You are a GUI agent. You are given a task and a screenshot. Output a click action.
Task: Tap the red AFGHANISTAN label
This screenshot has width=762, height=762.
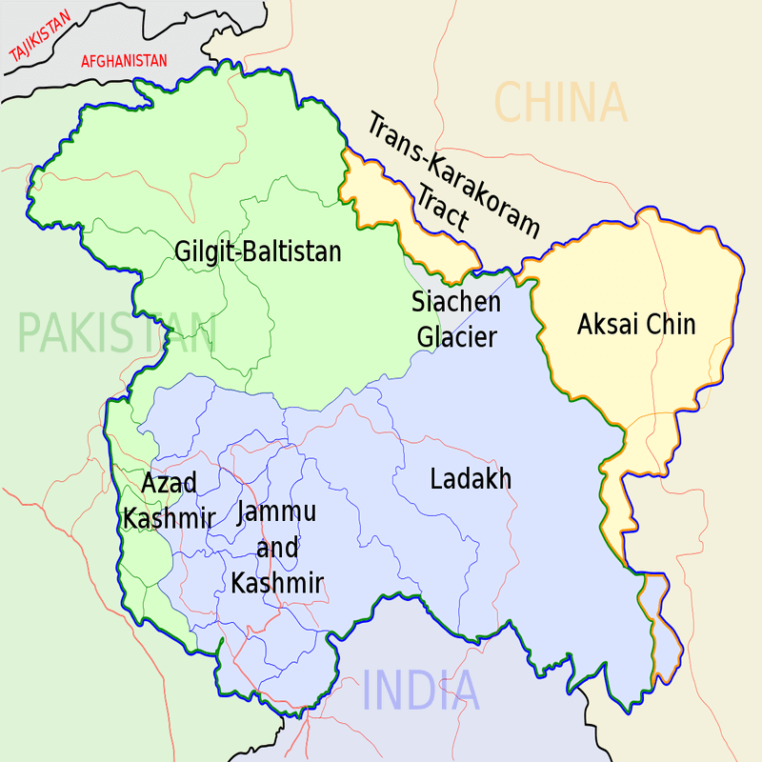tap(124, 61)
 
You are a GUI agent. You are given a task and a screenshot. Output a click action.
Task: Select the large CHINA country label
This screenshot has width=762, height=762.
tap(561, 103)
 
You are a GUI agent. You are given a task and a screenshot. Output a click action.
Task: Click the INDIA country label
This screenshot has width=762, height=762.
tap(421, 691)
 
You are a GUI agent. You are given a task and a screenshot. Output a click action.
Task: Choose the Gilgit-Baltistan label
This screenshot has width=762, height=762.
tap(257, 251)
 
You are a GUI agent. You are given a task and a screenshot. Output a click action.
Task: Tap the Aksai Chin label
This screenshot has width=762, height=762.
tap(636, 325)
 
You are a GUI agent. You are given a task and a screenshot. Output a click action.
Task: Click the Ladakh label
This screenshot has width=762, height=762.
tap(471, 478)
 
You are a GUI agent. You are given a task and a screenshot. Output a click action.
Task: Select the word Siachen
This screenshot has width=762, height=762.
tap(455, 303)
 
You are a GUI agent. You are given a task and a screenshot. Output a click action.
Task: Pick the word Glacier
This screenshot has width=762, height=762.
tap(455, 336)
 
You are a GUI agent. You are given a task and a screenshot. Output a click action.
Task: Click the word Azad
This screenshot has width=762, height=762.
tap(169, 484)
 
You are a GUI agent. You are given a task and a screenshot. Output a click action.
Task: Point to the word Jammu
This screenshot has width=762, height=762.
tap(277, 512)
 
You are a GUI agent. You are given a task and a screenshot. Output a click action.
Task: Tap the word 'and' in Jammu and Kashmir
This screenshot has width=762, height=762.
tap(277, 548)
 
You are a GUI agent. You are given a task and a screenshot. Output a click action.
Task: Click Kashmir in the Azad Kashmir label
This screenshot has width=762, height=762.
tap(169, 518)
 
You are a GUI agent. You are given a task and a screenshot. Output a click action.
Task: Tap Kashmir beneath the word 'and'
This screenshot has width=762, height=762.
tap(277, 583)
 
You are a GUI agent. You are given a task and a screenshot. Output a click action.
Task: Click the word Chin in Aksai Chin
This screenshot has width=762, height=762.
tap(671, 325)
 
